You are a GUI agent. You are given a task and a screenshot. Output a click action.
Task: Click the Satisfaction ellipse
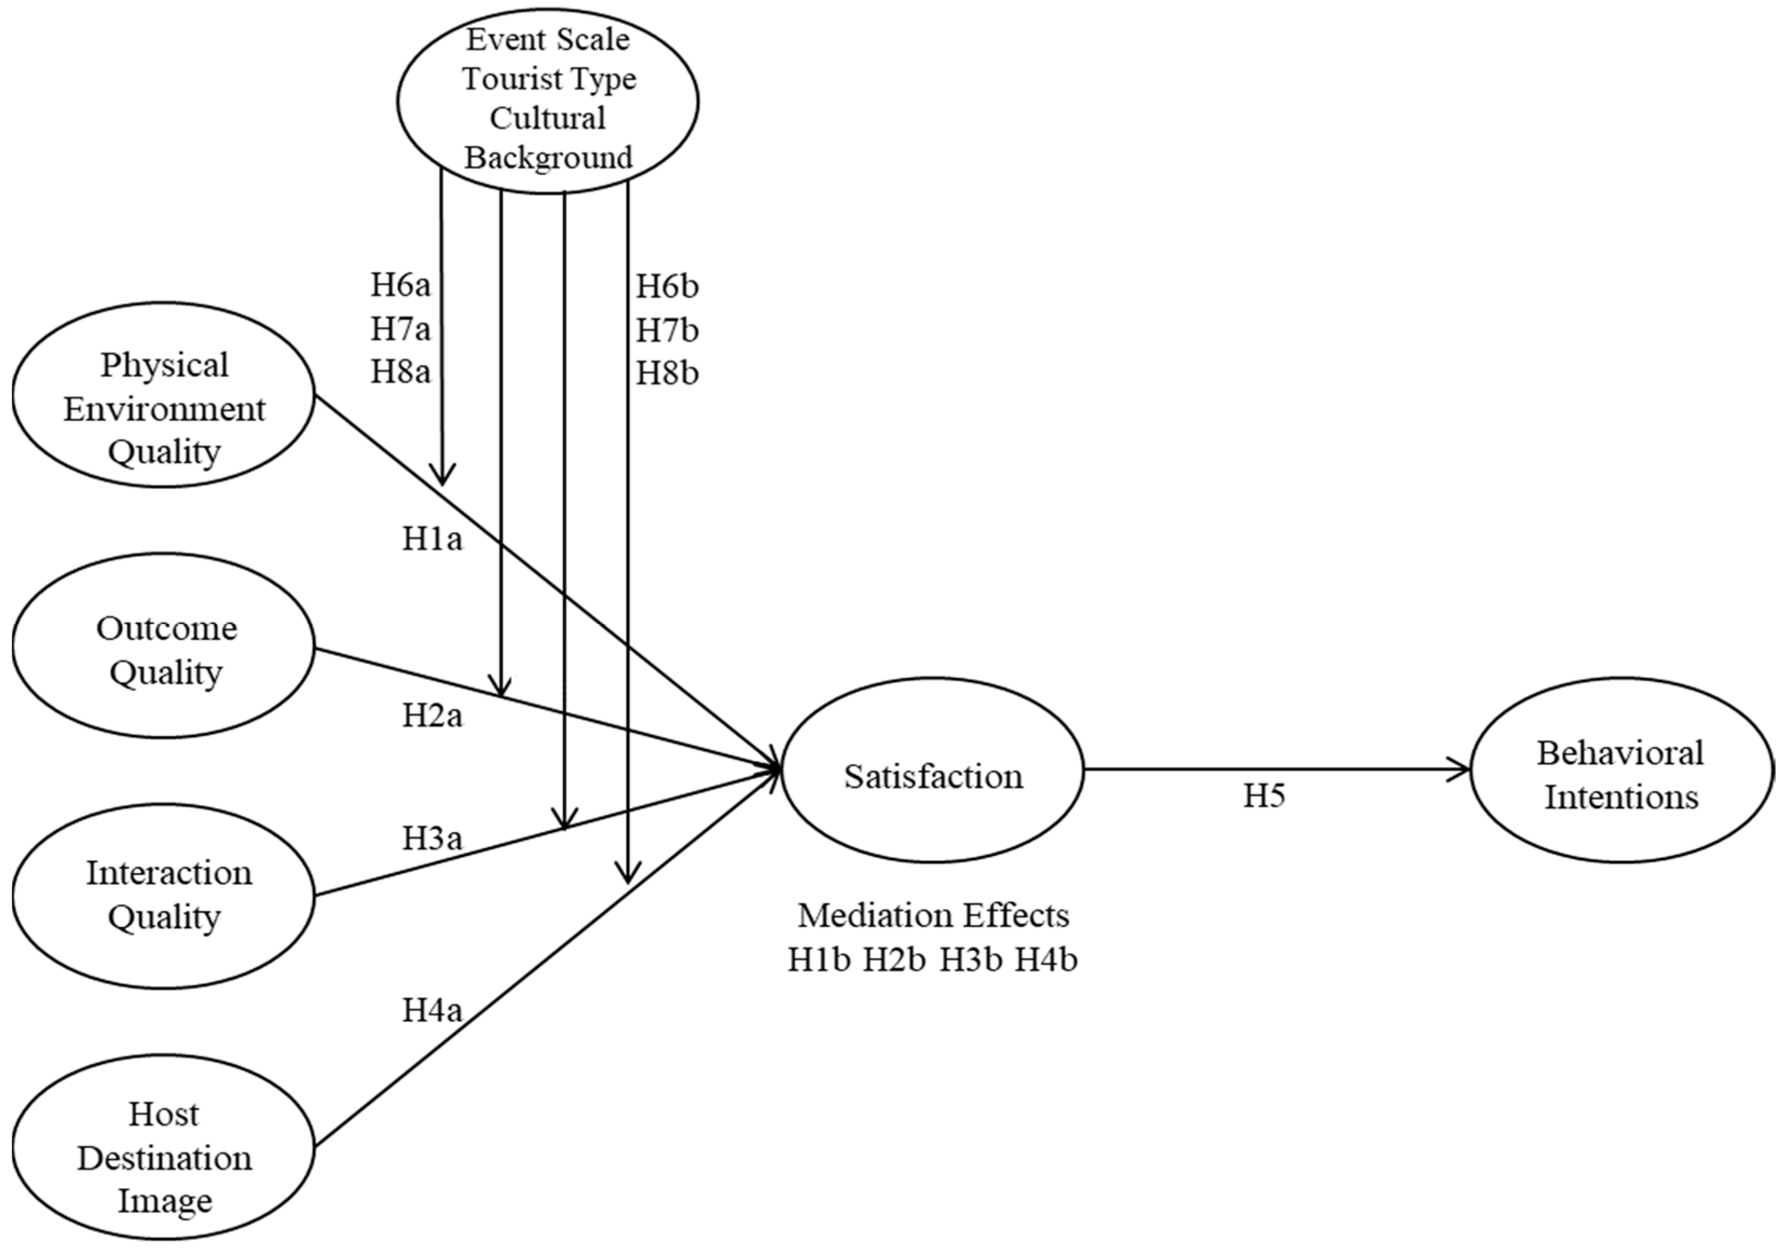point(932,770)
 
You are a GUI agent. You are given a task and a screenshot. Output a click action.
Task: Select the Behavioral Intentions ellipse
point(1622,770)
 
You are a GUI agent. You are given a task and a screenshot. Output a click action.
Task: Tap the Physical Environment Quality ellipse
point(164,395)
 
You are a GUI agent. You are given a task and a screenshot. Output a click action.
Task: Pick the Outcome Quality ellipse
point(164,645)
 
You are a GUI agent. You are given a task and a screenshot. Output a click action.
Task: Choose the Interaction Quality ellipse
point(164,896)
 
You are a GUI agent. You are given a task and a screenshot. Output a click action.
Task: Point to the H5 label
point(1264,795)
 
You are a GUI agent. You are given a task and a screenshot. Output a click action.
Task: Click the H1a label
point(432,538)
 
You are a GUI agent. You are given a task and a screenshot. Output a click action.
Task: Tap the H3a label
point(432,838)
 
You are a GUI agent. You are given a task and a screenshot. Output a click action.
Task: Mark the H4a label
point(432,1010)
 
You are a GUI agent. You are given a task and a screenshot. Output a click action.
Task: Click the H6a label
point(400,285)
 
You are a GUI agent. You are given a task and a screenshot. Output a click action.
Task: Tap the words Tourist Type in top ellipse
point(548,79)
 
